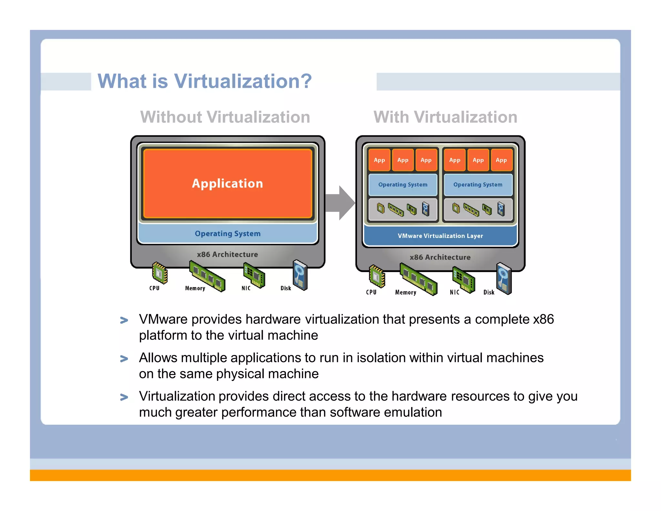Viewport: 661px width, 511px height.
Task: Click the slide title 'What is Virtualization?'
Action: coord(205,81)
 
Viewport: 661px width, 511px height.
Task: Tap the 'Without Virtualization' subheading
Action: coord(225,117)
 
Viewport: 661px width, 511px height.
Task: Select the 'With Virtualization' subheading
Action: coord(445,117)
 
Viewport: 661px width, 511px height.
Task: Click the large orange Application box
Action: coord(228,183)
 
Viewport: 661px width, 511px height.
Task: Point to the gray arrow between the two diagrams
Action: coord(340,203)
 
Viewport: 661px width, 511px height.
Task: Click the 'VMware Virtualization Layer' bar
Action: coord(440,236)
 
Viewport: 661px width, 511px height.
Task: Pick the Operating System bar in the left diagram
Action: coord(228,234)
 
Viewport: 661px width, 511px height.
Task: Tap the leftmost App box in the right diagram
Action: coord(379,160)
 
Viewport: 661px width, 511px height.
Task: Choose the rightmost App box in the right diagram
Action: coord(501,160)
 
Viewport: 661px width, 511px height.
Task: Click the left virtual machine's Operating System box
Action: coord(403,185)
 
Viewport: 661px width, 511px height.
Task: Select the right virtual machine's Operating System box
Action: coord(478,185)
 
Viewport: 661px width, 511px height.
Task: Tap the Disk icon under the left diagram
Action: coord(300,275)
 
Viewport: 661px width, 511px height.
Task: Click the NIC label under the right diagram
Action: coord(454,292)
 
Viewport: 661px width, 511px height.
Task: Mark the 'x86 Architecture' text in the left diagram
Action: coord(228,255)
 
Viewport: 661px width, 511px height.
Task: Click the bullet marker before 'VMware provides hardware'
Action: coord(124,320)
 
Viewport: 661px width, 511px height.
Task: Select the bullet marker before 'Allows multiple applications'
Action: coord(124,359)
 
